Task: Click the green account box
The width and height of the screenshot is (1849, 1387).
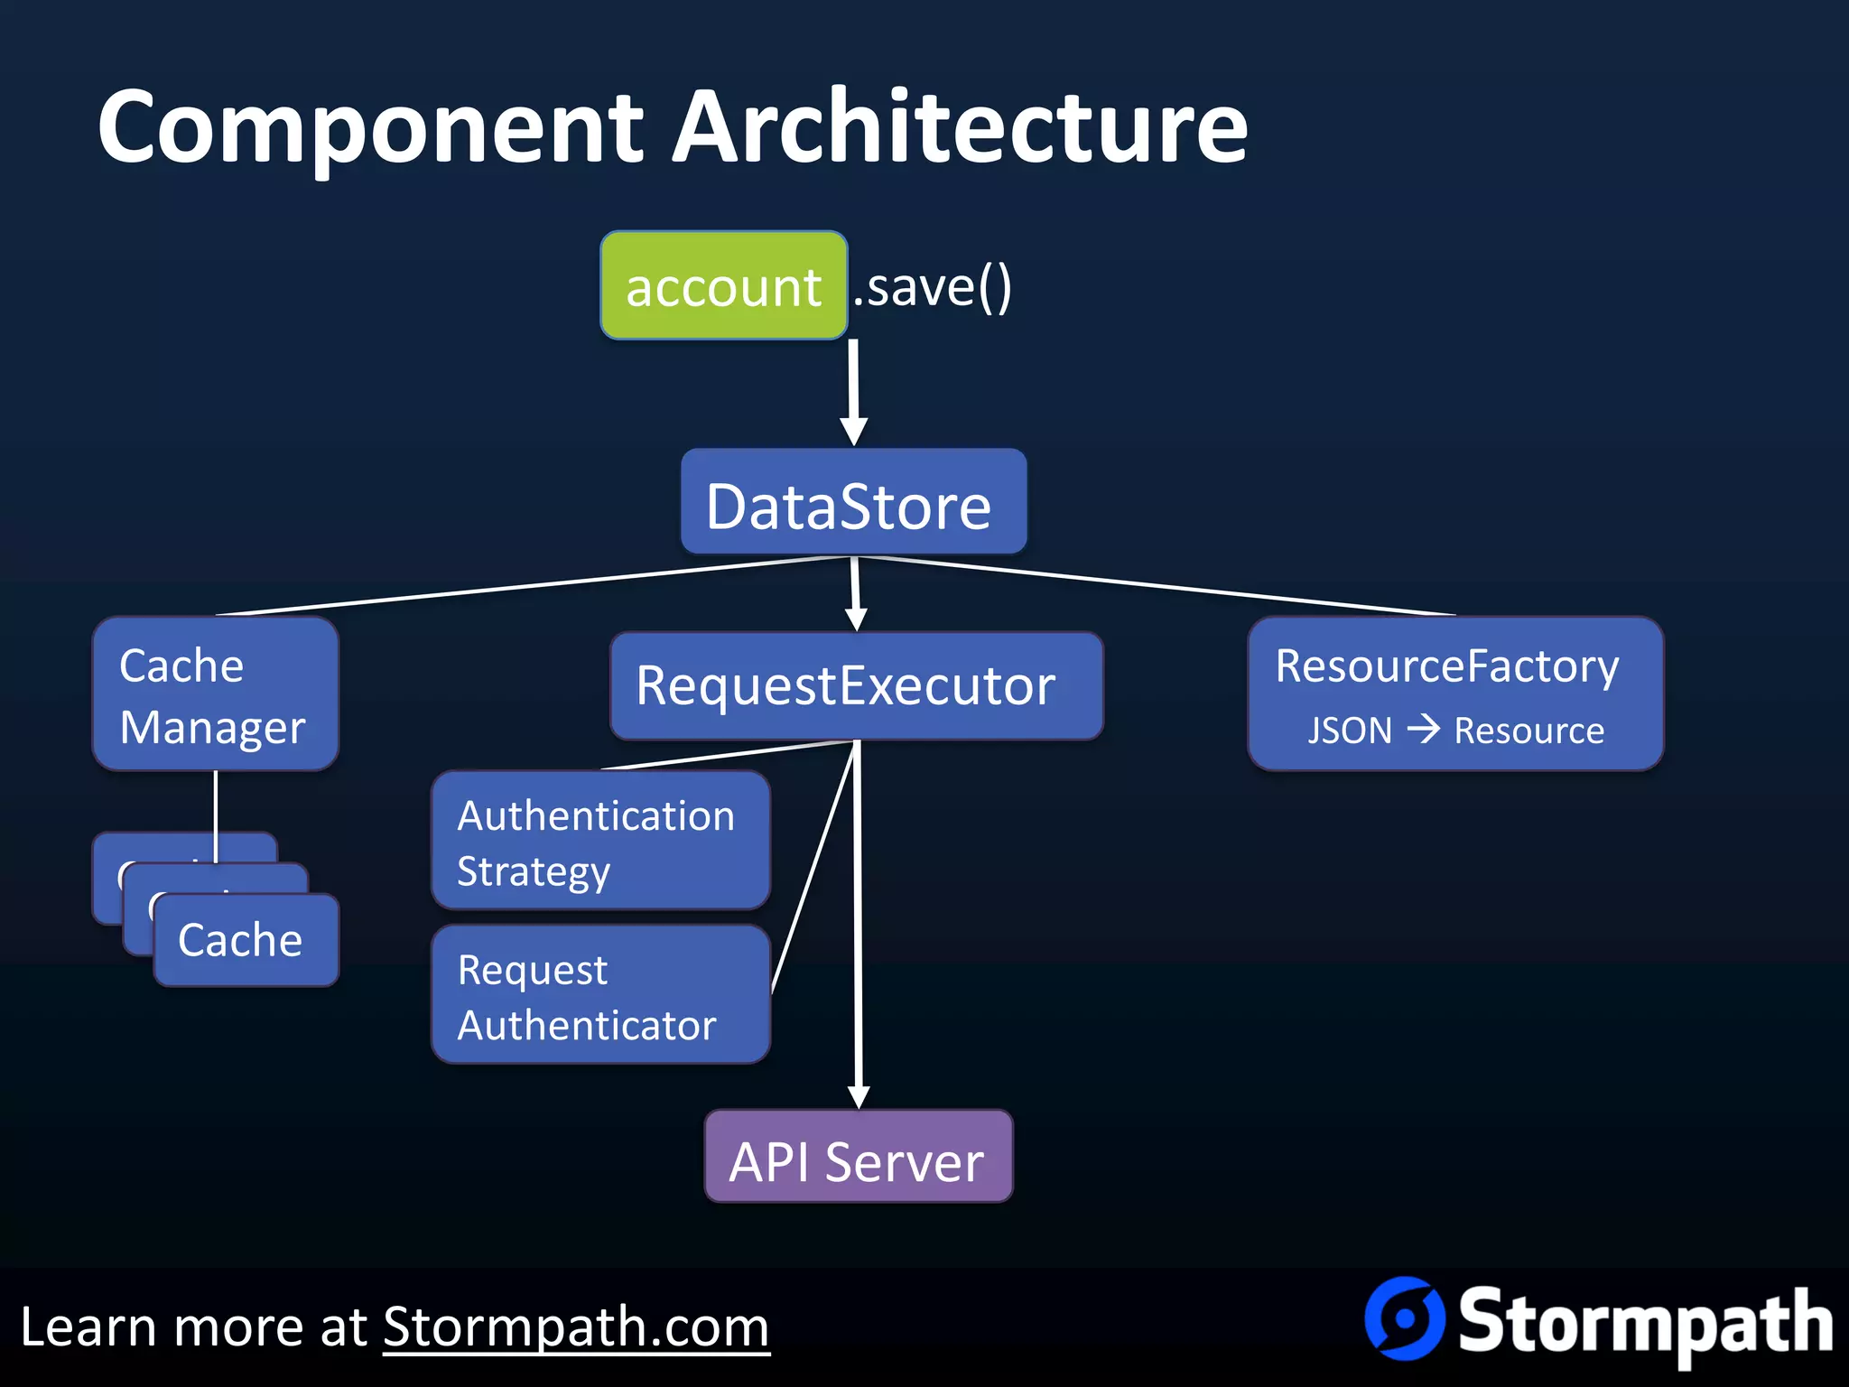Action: click(x=723, y=286)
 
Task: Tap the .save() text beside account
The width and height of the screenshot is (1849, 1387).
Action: click(x=933, y=287)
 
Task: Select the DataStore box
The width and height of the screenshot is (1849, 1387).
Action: click(x=853, y=503)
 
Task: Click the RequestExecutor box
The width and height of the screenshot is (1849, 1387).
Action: click(x=856, y=686)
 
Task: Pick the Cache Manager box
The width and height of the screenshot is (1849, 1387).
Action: click(x=215, y=694)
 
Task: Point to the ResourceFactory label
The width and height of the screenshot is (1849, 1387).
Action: click(x=1447, y=666)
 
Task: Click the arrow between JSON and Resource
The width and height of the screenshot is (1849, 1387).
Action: click(x=1424, y=729)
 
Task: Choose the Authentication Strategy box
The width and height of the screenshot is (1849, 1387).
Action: click(x=600, y=841)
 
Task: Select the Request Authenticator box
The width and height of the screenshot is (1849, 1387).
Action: click(x=600, y=995)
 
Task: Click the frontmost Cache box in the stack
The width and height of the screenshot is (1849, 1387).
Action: click(x=246, y=940)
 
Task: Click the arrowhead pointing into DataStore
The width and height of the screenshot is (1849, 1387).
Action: click(x=854, y=431)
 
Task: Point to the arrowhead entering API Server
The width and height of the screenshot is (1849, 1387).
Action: click(x=859, y=1095)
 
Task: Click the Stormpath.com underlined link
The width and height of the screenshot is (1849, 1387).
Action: click(x=576, y=1327)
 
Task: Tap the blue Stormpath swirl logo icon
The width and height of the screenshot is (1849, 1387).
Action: click(x=1404, y=1318)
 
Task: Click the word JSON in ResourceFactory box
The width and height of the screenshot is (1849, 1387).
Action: click(x=1350, y=730)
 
